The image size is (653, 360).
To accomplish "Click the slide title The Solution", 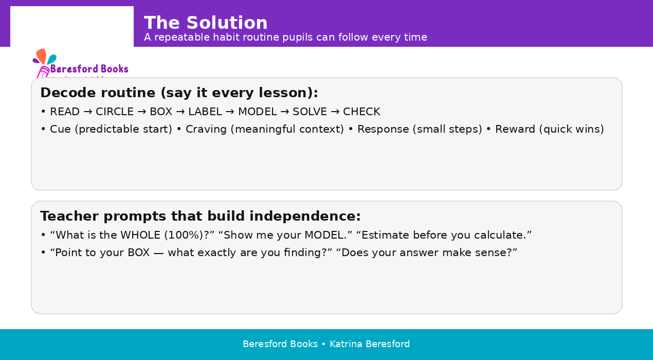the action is (206, 23).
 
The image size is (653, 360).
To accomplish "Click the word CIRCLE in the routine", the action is (115, 112).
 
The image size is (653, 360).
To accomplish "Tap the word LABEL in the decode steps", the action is (205, 112).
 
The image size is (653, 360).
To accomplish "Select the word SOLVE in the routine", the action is (310, 112).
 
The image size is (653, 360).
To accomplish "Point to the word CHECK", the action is (361, 112).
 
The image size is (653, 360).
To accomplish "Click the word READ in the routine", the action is (65, 112).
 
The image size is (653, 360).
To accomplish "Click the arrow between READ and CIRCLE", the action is (87, 112).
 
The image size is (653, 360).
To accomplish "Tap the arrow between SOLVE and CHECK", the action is (335, 112).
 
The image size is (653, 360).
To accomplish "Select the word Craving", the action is (206, 129).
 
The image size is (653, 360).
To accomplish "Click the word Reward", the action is (515, 129).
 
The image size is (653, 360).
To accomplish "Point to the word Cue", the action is (60, 129).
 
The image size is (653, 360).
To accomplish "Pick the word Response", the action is (383, 129).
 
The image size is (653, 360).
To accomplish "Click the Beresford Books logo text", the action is (89, 69).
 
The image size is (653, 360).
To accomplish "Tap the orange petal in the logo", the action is (42, 56).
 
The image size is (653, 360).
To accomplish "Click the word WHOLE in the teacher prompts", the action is (140, 235).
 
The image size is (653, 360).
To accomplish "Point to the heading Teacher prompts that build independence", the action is (201, 216).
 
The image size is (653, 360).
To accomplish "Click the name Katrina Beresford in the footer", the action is (370, 344).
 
